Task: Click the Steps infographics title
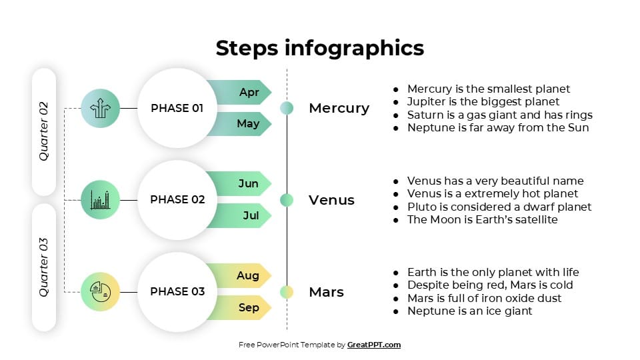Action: (320, 48)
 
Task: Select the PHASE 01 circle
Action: (177, 108)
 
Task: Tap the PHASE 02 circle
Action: (177, 199)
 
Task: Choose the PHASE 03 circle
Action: (177, 291)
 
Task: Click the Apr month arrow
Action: (240, 92)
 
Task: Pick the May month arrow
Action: (240, 124)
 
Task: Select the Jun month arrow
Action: (240, 183)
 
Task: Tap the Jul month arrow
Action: (240, 215)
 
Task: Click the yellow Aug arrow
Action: (240, 275)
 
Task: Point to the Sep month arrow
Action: (240, 307)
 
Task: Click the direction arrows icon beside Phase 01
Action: (100, 108)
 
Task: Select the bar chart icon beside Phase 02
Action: (100, 199)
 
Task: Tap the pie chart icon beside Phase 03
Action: (100, 291)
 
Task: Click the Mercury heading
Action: (339, 108)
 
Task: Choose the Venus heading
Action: (331, 200)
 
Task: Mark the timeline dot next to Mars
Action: (287, 291)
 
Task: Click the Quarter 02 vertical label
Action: (44, 131)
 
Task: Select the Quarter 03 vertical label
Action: (44, 267)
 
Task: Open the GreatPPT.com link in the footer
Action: (373, 345)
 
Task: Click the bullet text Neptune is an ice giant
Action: (469, 311)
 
